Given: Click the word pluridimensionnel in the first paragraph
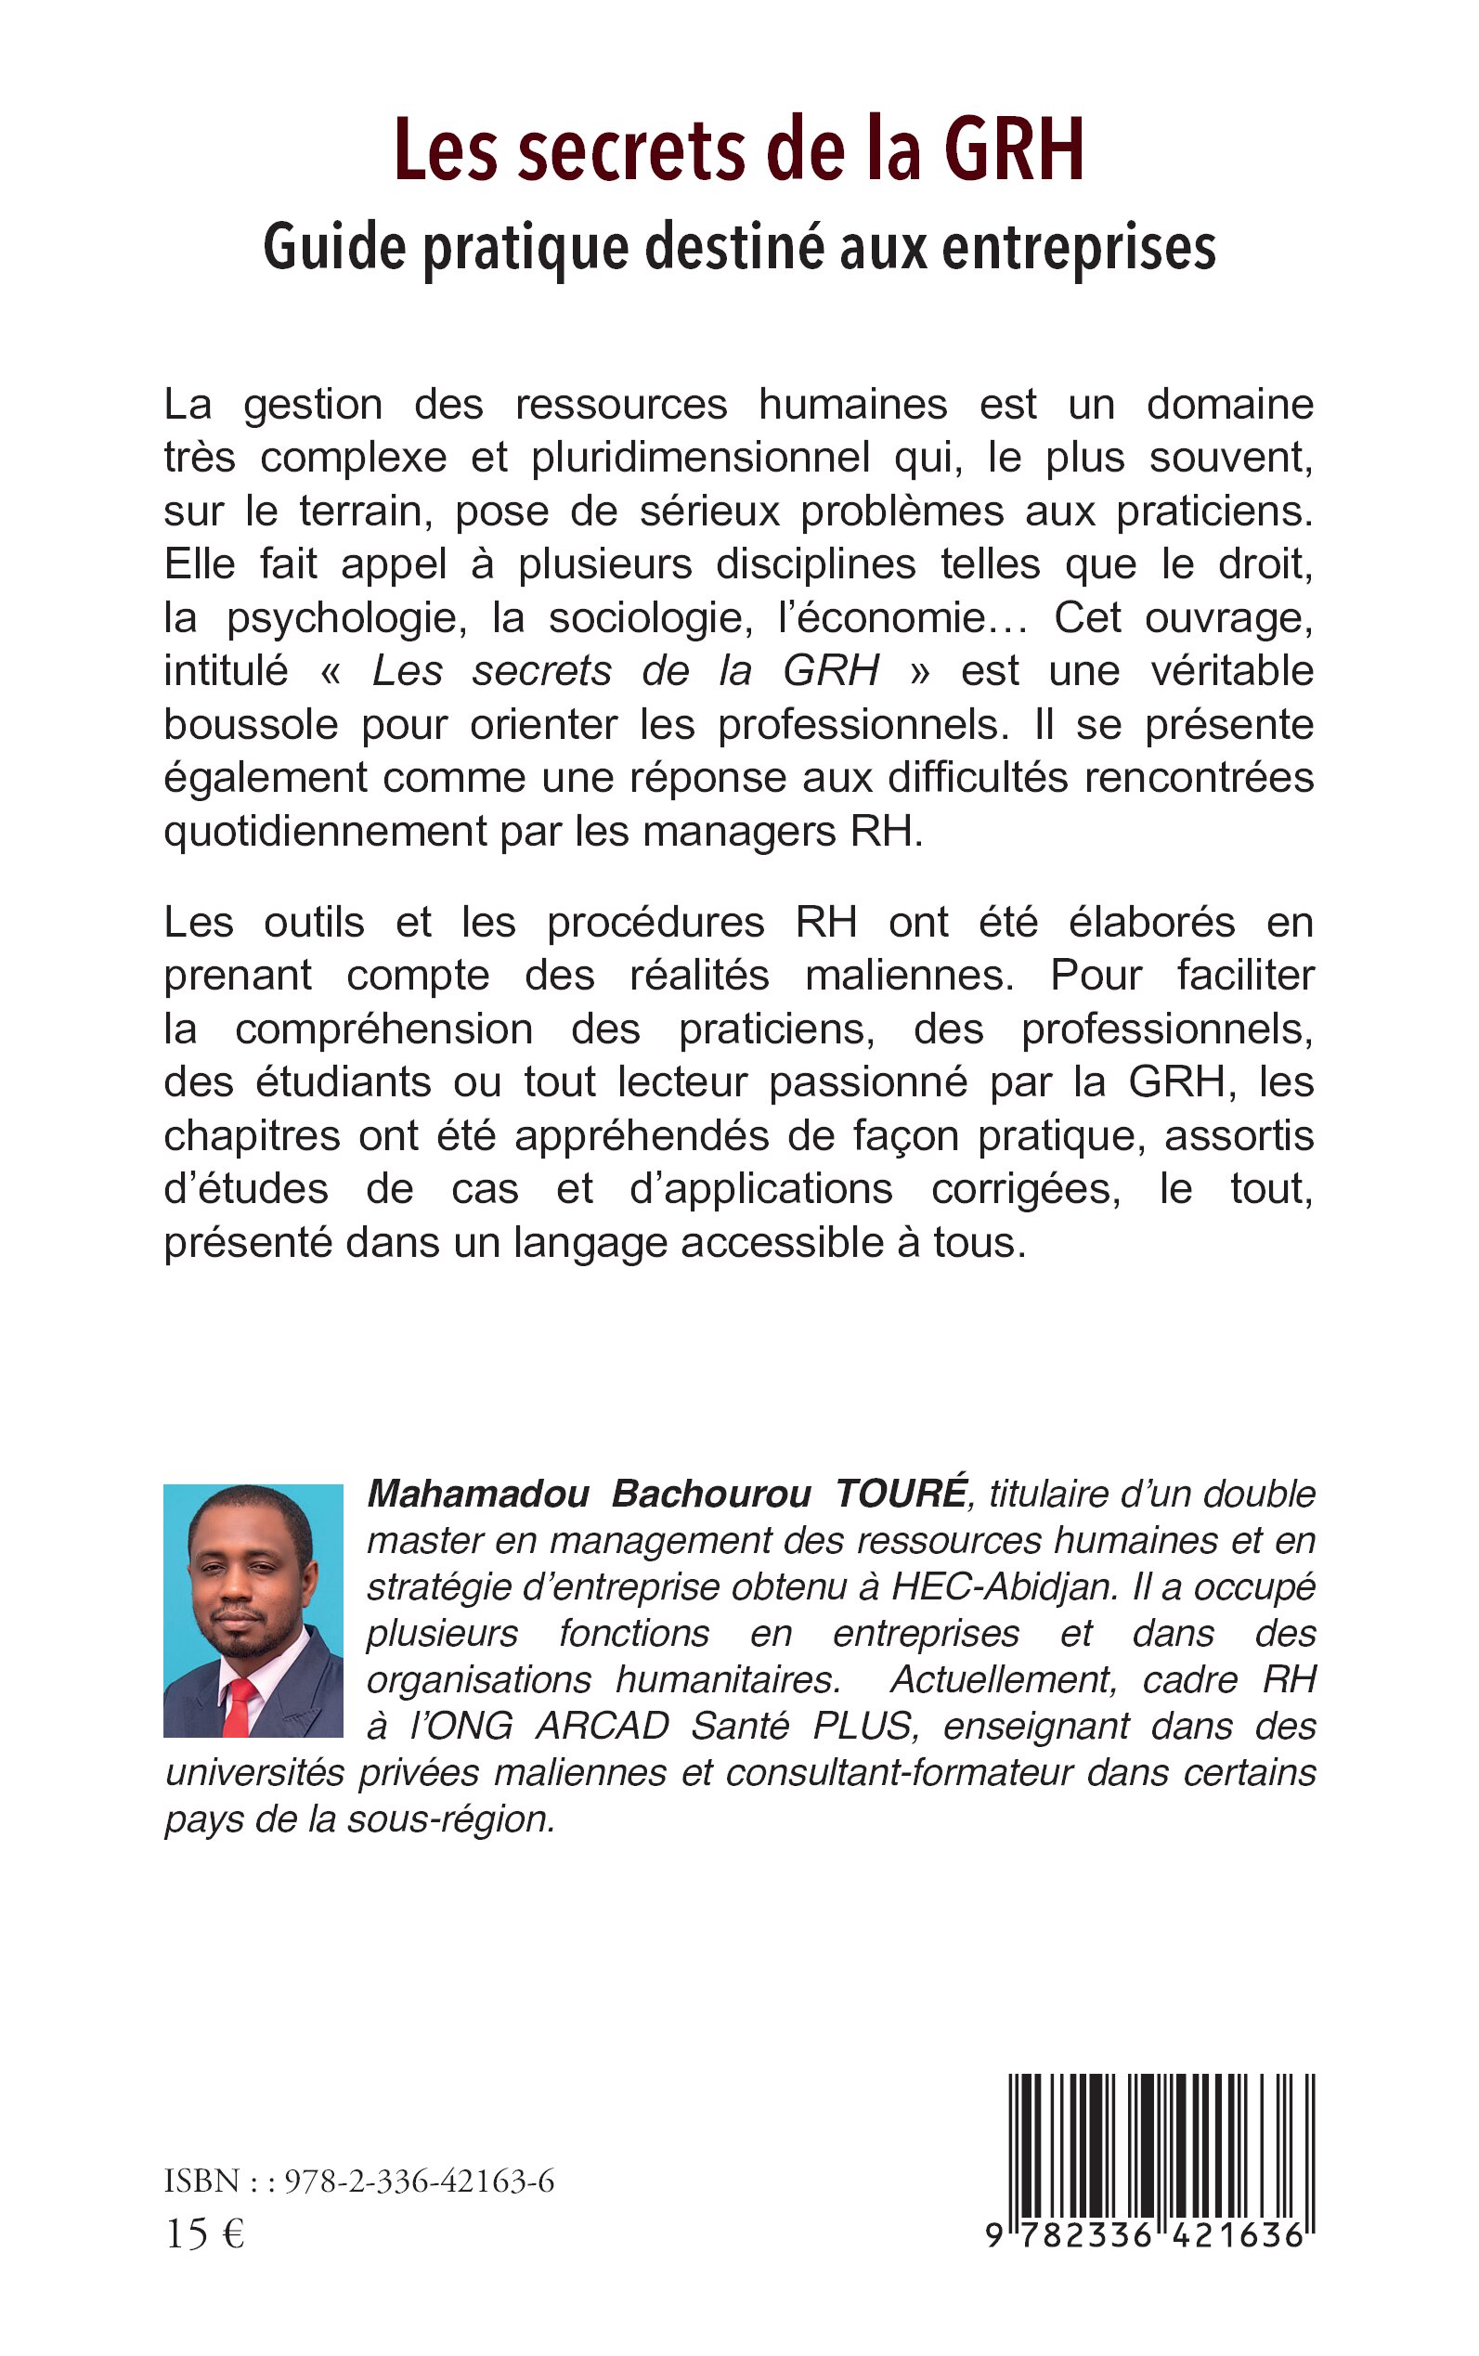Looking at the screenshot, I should pos(700,458).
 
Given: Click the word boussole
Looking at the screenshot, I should pos(252,725).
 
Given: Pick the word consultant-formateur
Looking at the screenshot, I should pos(899,1772).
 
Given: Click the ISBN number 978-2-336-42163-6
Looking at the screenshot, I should pos(419,2181).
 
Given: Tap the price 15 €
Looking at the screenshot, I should pos(204,2233).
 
